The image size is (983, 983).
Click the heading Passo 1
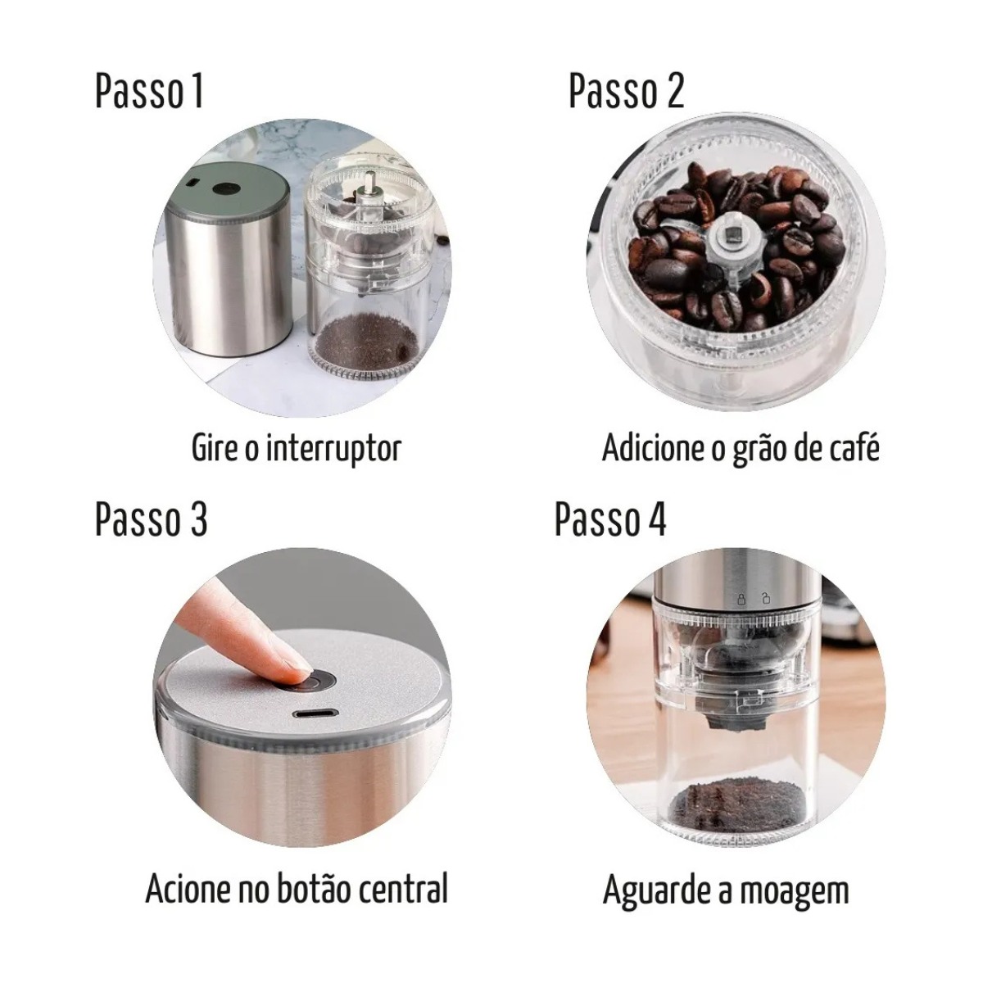pos(149,91)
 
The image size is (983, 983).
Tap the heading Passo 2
pos(626,91)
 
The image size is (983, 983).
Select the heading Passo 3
pos(151,519)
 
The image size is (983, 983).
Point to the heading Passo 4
pos(610,519)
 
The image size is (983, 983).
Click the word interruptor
pos(333,450)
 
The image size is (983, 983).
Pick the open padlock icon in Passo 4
pos(765,598)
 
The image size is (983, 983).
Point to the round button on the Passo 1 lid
pos(226,188)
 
